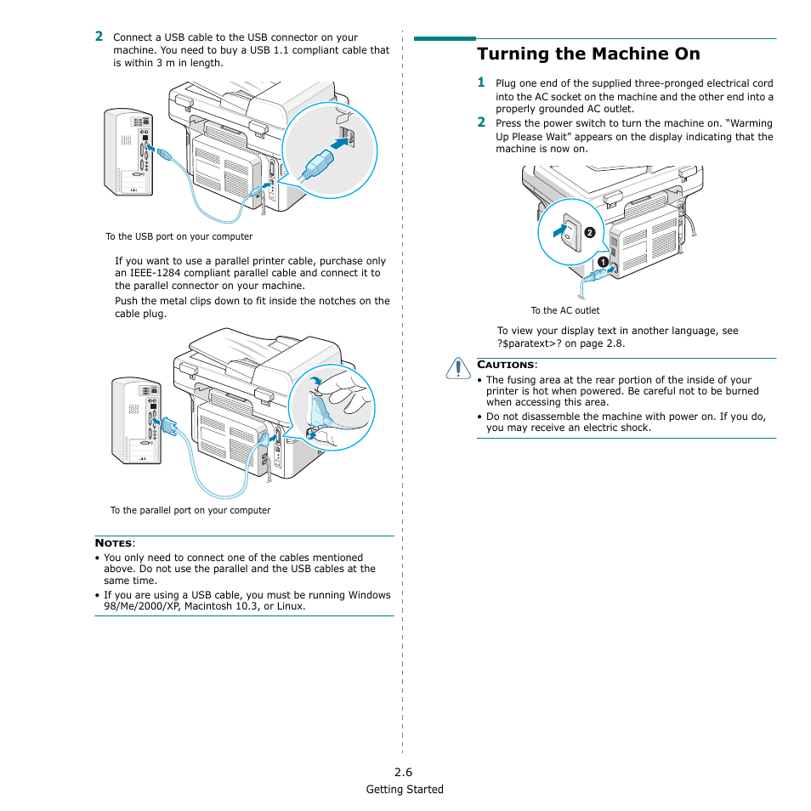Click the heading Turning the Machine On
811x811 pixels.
(x=588, y=54)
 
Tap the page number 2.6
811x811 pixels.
(x=403, y=773)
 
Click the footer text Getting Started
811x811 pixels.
(x=405, y=790)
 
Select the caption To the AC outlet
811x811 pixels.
(x=564, y=311)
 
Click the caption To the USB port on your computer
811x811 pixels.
(x=179, y=237)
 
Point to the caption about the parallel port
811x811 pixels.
(x=190, y=511)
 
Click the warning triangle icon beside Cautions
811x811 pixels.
(x=457, y=367)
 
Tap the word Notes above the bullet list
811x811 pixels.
(x=114, y=543)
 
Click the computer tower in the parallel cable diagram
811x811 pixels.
(x=137, y=421)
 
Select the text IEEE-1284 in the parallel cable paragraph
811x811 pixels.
(x=158, y=274)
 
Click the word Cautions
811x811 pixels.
(x=506, y=365)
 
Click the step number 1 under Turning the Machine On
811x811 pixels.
(x=481, y=82)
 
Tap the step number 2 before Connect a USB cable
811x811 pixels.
(x=99, y=37)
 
